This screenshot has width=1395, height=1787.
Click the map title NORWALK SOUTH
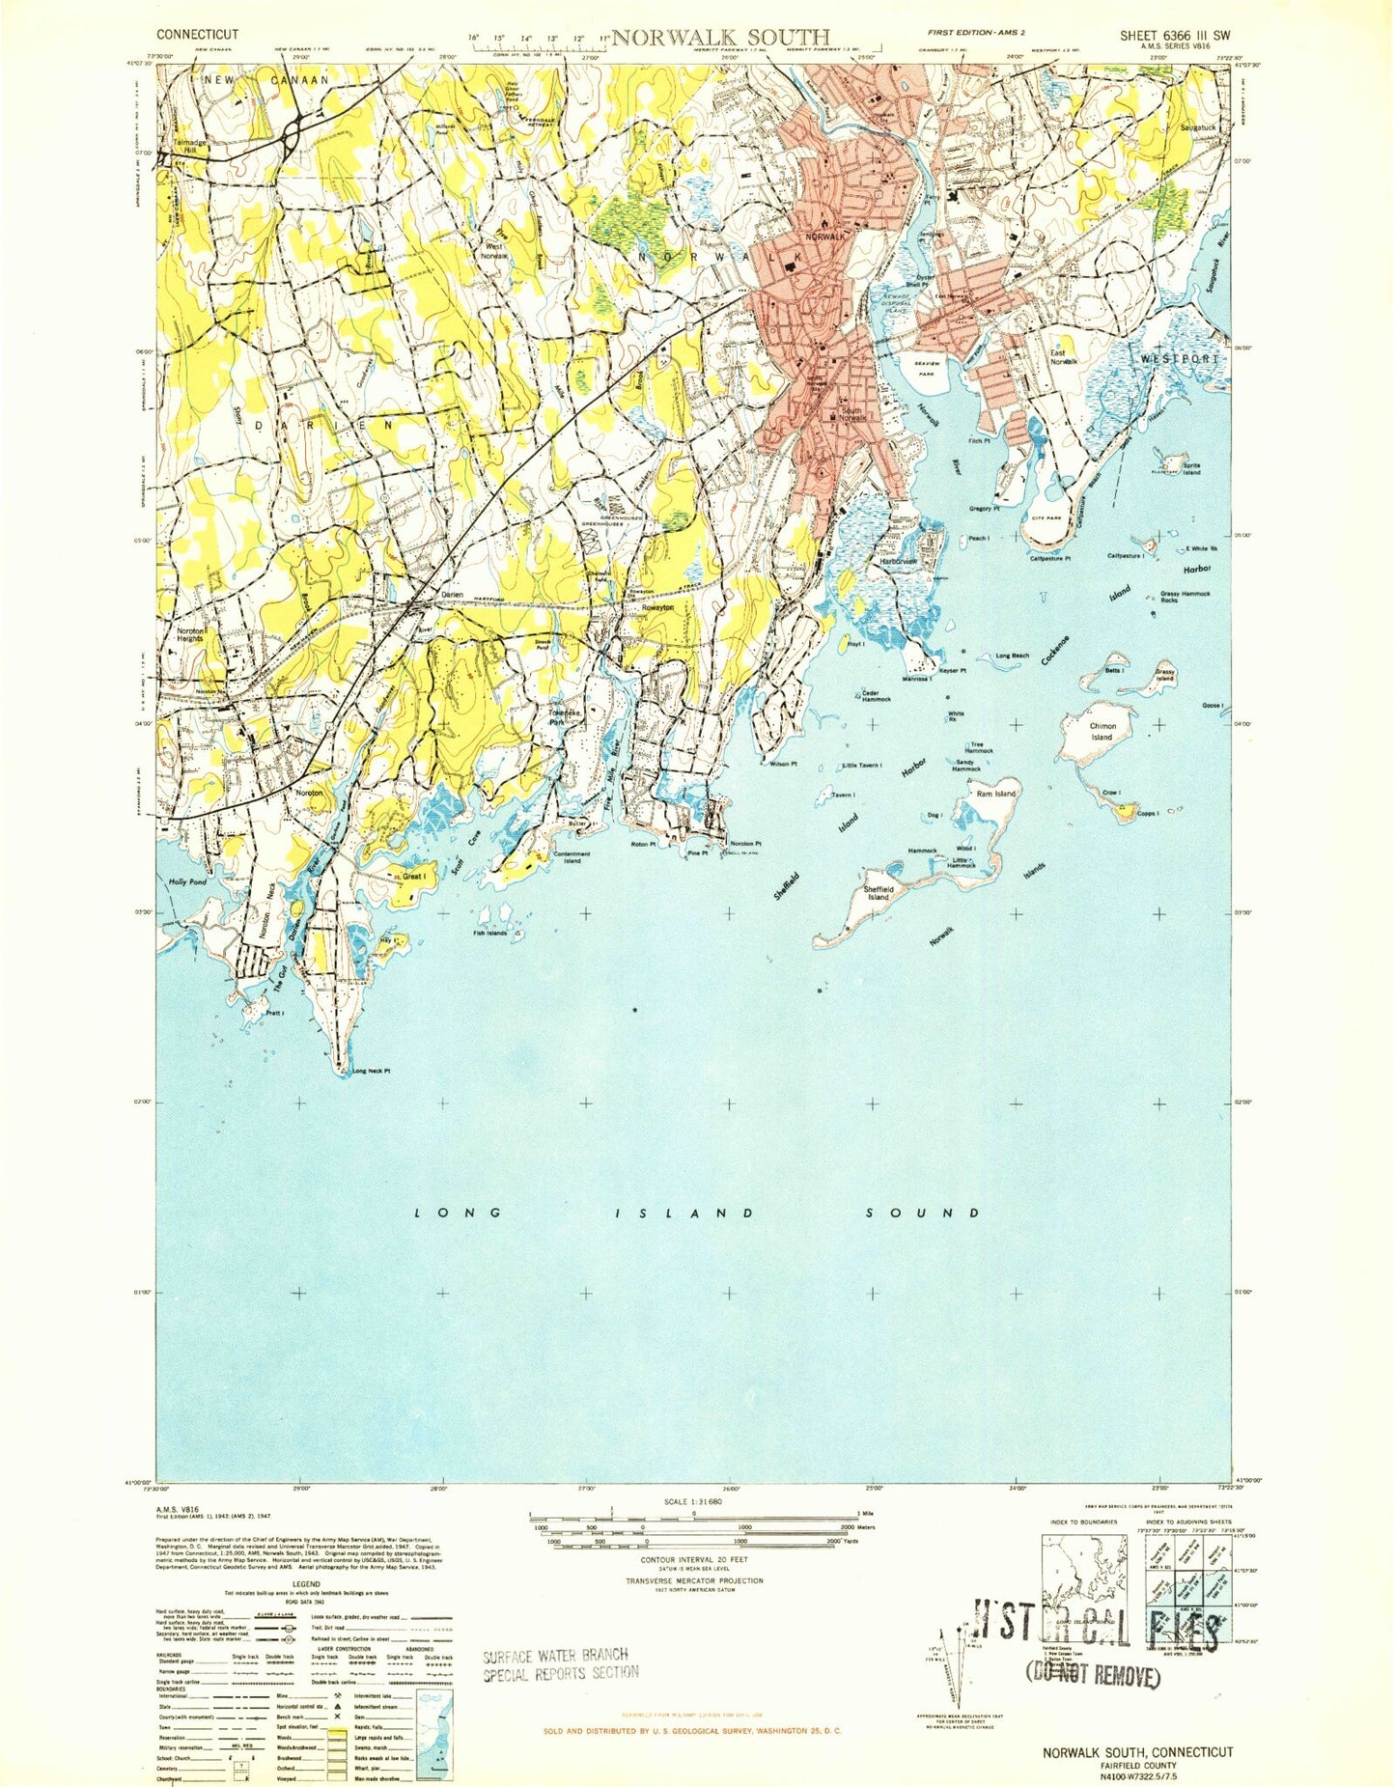pos(719,38)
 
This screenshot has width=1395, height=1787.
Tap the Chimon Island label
pos(1102,732)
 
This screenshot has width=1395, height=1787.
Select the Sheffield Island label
pos(878,893)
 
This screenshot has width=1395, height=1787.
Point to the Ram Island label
pos(995,794)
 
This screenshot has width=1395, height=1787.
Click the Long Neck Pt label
pos(372,1072)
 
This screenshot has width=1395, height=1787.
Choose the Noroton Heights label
pos(189,634)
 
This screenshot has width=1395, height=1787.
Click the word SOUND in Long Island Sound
pos(922,1213)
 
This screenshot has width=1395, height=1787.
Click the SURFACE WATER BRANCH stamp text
pos(555,1656)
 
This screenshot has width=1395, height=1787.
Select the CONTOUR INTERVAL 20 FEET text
pos(693,1559)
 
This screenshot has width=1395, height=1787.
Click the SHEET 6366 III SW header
pos(1175,36)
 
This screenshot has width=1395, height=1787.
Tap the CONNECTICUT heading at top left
pos(197,34)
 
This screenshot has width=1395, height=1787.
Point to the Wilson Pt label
pos(783,764)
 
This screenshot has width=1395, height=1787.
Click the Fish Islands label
pos(489,933)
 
